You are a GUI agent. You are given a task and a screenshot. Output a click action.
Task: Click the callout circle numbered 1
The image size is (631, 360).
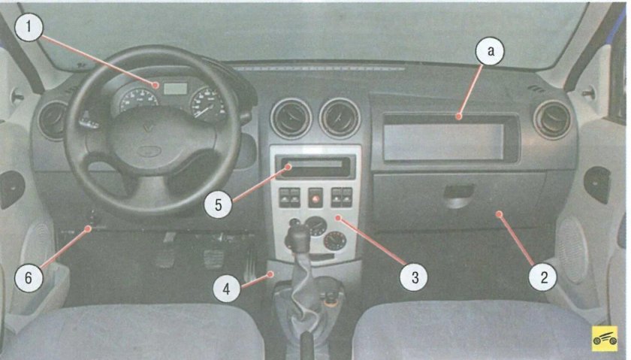(29, 26)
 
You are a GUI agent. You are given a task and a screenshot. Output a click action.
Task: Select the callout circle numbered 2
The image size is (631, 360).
(544, 277)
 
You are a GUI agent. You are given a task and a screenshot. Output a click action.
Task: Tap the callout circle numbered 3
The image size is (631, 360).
(415, 277)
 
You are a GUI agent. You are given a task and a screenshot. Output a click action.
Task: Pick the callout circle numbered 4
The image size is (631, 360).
(227, 289)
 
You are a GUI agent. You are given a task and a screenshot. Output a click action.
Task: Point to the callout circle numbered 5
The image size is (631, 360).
(218, 204)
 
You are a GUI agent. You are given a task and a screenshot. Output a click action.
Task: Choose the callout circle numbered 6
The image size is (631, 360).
(29, 277)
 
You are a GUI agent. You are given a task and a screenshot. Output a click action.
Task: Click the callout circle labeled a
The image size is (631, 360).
(490, 51)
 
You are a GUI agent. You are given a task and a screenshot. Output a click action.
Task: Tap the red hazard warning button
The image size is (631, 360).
(315, 198)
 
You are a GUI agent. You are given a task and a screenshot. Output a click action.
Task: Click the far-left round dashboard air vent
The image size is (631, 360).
(53, 120)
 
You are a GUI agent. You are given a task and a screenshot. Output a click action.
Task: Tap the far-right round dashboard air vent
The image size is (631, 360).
(552, 119)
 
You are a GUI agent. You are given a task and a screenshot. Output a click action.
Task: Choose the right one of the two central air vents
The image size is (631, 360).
(340, 118)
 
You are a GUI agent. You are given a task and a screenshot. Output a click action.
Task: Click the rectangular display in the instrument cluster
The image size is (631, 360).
(176, 89)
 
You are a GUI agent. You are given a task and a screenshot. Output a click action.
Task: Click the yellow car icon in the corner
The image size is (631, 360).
(605, 338)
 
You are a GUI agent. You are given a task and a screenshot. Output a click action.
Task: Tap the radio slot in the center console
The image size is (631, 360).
(315, 166)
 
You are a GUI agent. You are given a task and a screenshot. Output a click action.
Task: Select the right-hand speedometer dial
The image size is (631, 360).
(207, 104)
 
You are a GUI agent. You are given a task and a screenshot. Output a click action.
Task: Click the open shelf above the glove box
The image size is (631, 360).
(450, 138)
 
